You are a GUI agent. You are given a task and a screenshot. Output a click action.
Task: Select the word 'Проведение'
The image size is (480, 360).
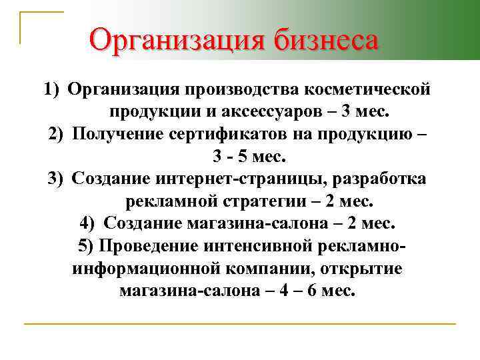point(144,245)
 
